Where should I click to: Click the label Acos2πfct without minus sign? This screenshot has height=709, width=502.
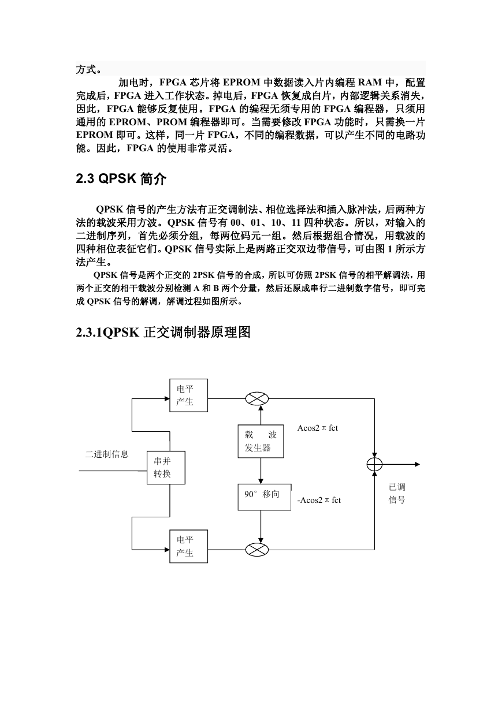tap(317, 428)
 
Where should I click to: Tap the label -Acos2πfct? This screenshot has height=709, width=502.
tap(319, 500)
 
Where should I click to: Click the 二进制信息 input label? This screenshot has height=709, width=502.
tap(107, 454)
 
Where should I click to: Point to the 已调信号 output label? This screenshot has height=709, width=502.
tap(397, 493)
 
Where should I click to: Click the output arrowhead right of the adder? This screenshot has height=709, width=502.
tap(417, 464)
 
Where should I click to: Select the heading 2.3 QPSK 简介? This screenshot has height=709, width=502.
tap(121, 179)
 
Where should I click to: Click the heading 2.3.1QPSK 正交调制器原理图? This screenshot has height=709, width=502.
tap(163, 333)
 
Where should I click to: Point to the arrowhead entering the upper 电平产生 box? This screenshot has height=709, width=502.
tap(167, 398)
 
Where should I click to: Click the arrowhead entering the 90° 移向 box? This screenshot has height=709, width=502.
tap(261, 481)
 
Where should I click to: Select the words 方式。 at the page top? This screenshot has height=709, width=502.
tap(89, 69)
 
